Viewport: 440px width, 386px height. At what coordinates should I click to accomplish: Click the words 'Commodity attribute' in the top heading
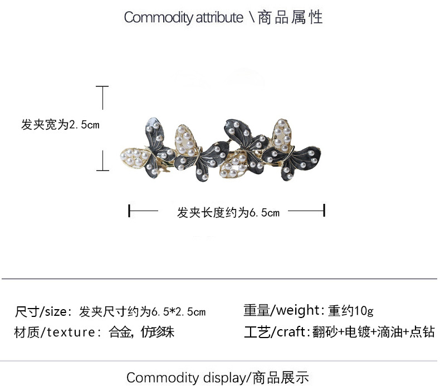pos(183,17)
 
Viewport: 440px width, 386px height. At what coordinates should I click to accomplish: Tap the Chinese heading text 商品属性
pos(290,17)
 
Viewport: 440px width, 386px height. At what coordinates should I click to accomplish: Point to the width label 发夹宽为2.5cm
pos(60,125)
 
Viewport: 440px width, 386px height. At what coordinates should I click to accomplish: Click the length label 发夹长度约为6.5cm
pos(228,212)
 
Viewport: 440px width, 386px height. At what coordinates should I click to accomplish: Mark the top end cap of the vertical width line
pos(102,86)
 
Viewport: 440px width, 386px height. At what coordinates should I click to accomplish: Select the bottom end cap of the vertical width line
pos(102,170)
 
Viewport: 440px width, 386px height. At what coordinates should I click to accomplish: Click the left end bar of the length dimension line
pos(129,211)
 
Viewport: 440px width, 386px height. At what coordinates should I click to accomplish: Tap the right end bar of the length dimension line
pos(324,211)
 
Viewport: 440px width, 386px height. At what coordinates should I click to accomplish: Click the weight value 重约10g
pos(351,310)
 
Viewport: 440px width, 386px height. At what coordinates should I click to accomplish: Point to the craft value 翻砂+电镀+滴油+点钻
pos(373,333)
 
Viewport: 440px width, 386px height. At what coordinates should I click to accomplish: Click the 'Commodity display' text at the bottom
pos(186,378)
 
